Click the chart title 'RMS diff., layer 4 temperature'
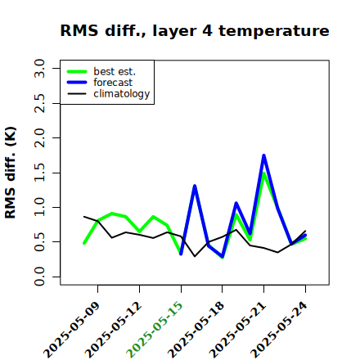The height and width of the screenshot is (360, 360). (195, 30)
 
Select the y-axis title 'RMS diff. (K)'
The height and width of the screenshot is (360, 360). (11, 173)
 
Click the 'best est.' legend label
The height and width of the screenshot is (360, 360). (115, 71)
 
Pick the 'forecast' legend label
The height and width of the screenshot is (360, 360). (113, 83)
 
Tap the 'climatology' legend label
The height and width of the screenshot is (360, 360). (122, 94)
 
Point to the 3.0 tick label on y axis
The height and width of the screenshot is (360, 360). (39, 68)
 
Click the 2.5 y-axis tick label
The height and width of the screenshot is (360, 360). (39, 103)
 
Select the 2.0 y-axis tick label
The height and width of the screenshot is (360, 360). (39, 137)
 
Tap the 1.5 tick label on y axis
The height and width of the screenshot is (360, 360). (39, 173)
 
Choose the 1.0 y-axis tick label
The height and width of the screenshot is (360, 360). (39, 207)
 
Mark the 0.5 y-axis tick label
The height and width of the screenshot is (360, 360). (39, 242)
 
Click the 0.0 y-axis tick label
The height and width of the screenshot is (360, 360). (39, 277)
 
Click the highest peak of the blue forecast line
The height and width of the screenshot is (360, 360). (263, 155)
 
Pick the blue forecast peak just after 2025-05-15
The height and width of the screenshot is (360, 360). (195, 186)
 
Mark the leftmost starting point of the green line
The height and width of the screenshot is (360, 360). (84, 243)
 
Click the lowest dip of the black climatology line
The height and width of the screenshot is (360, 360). (195, 256)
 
